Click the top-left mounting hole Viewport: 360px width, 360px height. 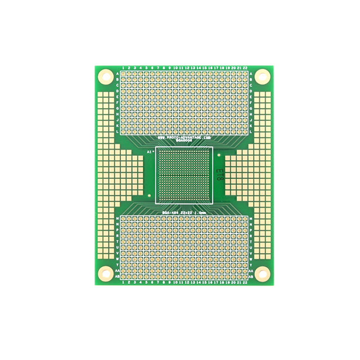(105, 76)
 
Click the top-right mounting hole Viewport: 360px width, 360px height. (262, 76)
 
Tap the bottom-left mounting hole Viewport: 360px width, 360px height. (105, 273)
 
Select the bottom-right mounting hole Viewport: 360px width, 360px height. (262, 273)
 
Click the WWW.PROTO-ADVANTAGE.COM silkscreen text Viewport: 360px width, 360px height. (183, 137)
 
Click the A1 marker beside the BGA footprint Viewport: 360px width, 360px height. (150, 152)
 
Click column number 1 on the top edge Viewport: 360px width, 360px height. (123, 67)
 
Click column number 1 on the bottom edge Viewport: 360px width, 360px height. (123, 282)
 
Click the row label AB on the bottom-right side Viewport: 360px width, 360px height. (250, 277)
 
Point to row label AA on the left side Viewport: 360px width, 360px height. (117, 271)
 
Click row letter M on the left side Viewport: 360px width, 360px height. (117, 218)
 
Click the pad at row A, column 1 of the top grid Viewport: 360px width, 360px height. (123, 74)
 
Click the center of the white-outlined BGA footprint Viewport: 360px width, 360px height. (184, 174)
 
